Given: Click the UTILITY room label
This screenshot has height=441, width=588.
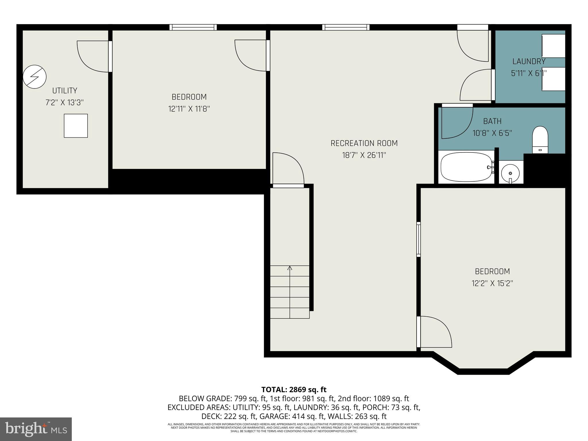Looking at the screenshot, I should [65, 91].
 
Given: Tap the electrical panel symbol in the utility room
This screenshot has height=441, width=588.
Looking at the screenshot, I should [34, 77].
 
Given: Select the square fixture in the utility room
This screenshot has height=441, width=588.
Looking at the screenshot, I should [76, 126].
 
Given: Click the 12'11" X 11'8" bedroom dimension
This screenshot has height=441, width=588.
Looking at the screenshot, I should [189, 109].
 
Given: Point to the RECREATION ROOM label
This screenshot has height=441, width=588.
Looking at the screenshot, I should [364, 143].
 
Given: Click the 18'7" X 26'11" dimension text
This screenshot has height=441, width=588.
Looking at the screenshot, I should [364, 155].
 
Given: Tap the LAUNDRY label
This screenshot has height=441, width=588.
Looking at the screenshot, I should [529, 61].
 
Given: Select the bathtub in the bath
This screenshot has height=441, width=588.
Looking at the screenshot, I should [466, 167].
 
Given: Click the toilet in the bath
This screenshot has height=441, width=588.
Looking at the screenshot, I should [540, 140].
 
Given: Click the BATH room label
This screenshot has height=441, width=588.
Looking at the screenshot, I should [492, 121].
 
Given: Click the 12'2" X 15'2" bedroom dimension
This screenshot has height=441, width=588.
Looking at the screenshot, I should [492, 283].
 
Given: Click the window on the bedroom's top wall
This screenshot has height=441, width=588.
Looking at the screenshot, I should [193, 27].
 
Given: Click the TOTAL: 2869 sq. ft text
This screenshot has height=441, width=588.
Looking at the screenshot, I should [294, 390].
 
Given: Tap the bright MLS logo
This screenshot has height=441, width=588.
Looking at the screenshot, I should [36, 429].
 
